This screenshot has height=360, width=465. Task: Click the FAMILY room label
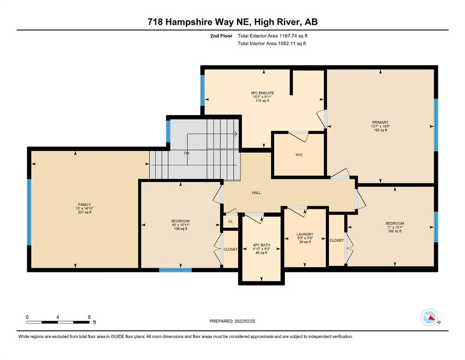tap(84, 204)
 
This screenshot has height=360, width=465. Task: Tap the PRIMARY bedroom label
tap(380, 122)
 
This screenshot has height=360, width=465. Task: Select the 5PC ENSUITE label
tap(262, 93)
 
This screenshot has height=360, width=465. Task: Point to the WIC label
tap(299, 155)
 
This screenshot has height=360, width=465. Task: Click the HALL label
tap(257, 193)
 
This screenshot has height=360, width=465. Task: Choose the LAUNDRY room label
tap(305, 234)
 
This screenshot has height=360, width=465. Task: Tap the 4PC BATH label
tap(262, 245)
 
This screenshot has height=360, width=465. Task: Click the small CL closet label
tap(231, 221)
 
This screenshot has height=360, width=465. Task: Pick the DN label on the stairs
tap(186, 153)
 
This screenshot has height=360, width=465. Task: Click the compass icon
tap(429, 317)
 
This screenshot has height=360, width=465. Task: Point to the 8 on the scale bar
tap(89, 317)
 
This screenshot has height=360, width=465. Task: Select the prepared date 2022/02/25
tap(244, 321)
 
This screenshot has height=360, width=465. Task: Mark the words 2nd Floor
tap(221, 36)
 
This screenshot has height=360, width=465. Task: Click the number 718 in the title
tap(155, 22)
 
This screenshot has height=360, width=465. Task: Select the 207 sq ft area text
tap(84, 212)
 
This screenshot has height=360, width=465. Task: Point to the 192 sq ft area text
tap(381, 130)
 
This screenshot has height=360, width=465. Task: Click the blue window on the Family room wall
tap(29, 212)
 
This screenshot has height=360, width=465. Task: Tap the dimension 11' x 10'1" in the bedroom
tap(395, 227)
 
